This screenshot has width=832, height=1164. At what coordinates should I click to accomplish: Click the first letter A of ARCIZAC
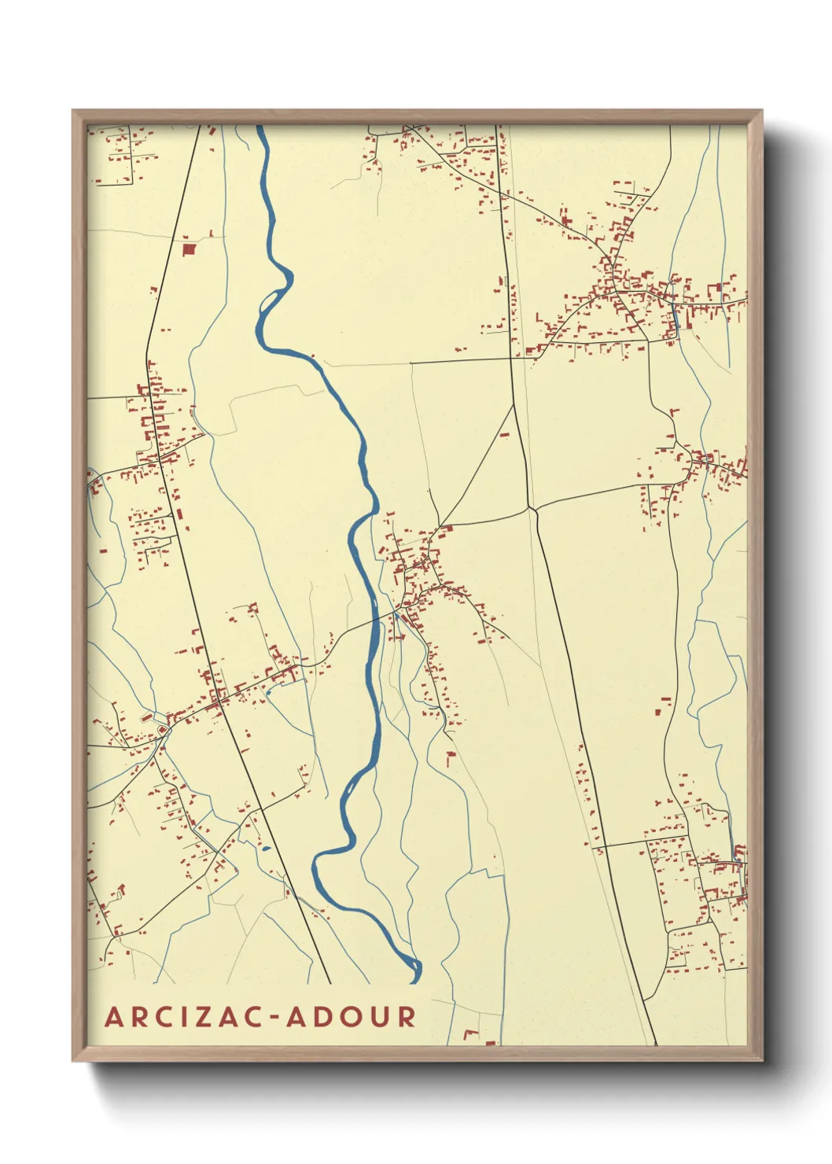pyautogui.click(x=115, y=1017)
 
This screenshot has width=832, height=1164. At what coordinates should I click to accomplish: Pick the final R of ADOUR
pyautogui.click(x=406, y=1017)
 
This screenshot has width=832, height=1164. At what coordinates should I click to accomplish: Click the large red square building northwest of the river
pyautogui.click(x=188, y=249)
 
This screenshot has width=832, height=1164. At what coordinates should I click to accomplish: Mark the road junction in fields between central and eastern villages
pyautogui.click(x=532, y=509)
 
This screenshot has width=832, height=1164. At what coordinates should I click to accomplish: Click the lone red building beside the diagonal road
pyautogui.click(x=505, y=433)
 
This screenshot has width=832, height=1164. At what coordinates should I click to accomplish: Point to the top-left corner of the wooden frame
pyautogui.click(x=74, y=112)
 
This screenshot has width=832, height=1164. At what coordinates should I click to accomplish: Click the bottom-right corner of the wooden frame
pyautogui.click(x=761, y=1059)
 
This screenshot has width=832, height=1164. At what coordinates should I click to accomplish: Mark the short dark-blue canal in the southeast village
pyautogui.click(x=738, y=852)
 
